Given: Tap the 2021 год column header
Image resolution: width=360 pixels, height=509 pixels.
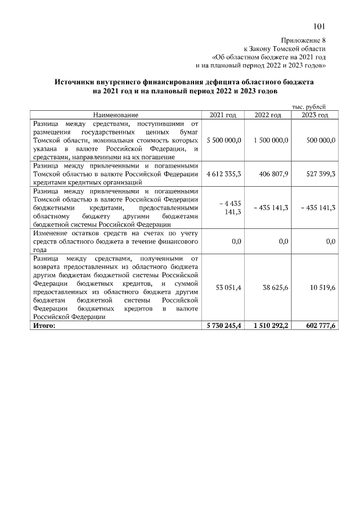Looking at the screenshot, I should coord(223,115).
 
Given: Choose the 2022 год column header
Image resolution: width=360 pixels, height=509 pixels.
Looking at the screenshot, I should coord(268,115).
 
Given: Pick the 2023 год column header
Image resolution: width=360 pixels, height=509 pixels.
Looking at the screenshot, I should coord(314,115).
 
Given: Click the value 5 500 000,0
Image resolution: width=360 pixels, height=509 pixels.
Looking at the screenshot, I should coord(224,140).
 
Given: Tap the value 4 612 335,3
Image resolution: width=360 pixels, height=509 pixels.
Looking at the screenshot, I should coord(224,174).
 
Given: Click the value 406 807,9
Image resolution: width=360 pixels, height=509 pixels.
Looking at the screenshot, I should coord(271,174).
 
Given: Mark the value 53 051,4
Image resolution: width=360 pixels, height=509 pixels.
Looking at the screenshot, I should coord(228,288).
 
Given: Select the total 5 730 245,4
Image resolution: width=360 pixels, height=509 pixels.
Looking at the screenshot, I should coord(223,325).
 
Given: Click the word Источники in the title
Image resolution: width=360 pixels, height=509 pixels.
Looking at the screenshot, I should coord(75,82).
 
